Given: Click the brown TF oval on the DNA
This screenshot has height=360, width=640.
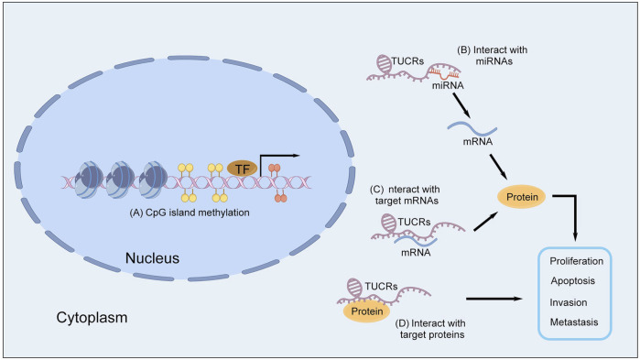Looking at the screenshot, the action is (x=242, y=169).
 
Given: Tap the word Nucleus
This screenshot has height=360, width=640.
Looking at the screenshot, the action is (x=152, y=258).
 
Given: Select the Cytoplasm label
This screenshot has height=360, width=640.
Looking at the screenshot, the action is (x=92, y=318).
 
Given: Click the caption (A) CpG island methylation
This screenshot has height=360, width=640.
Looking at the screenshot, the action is (x=190, y=213).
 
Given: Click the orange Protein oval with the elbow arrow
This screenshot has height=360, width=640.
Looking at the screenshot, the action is (x=522, y=197).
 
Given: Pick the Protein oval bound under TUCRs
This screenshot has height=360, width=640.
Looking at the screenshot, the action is (x=367, y=311).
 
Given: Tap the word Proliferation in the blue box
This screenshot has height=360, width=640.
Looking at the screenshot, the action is (x=576, y=261).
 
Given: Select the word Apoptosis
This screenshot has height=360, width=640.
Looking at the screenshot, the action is (x=572, y=281).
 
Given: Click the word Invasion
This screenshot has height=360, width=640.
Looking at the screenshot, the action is (x=569, y=302).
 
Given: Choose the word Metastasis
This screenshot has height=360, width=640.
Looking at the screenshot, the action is (x=574, y=322).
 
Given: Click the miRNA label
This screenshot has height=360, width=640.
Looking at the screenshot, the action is (x=448, y=86).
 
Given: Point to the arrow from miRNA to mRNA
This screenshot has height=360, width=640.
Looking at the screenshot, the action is (x=461, y=105).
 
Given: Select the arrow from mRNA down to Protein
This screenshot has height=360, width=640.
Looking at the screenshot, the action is (x=498, y=166).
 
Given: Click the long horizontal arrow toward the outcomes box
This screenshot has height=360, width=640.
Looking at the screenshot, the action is (x=494, y=299).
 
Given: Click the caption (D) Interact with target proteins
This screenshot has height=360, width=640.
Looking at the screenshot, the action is (x=430, y=329).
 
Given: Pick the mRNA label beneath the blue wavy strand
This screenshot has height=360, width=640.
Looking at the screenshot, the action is (x=478, y=142).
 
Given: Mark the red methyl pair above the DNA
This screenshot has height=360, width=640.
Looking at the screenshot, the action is (x=275, y=168).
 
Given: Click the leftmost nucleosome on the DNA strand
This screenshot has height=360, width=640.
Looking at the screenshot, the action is (x=88, y=180).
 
